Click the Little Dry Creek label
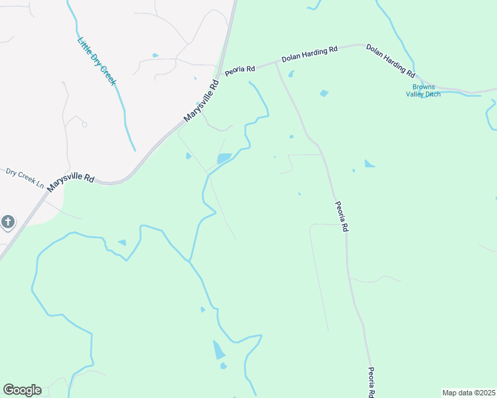click(97, 60)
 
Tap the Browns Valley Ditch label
click(423, 90)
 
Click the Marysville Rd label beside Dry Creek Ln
click(70, 178)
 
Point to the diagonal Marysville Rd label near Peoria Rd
click(201, 101)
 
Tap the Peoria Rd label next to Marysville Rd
click(240, 70)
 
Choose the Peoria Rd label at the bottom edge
click(372, 383)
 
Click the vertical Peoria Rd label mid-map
click(342, 216)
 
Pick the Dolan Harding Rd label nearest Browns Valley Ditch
click(391, 60)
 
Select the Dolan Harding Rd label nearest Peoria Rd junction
click(310, 54)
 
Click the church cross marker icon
click(7, 222)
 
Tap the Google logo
click(22, 390)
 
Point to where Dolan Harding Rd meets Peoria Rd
click(276, 62)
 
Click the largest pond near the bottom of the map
click(219, 349)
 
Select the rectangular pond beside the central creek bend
click(224, 159)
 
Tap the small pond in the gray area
click(155, 55)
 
